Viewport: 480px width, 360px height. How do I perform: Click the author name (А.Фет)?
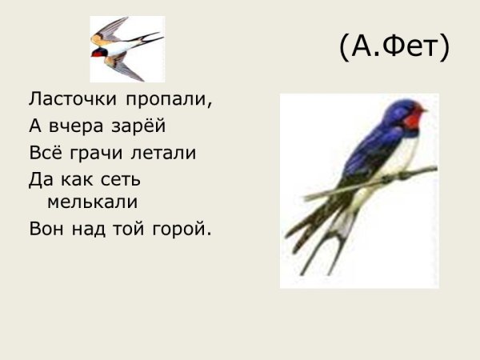pos(394,48)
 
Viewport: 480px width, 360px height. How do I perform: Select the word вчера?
pos(78,126)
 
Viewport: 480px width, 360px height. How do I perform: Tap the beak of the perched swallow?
pos(424,109)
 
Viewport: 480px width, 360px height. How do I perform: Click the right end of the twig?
pos(434,169)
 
